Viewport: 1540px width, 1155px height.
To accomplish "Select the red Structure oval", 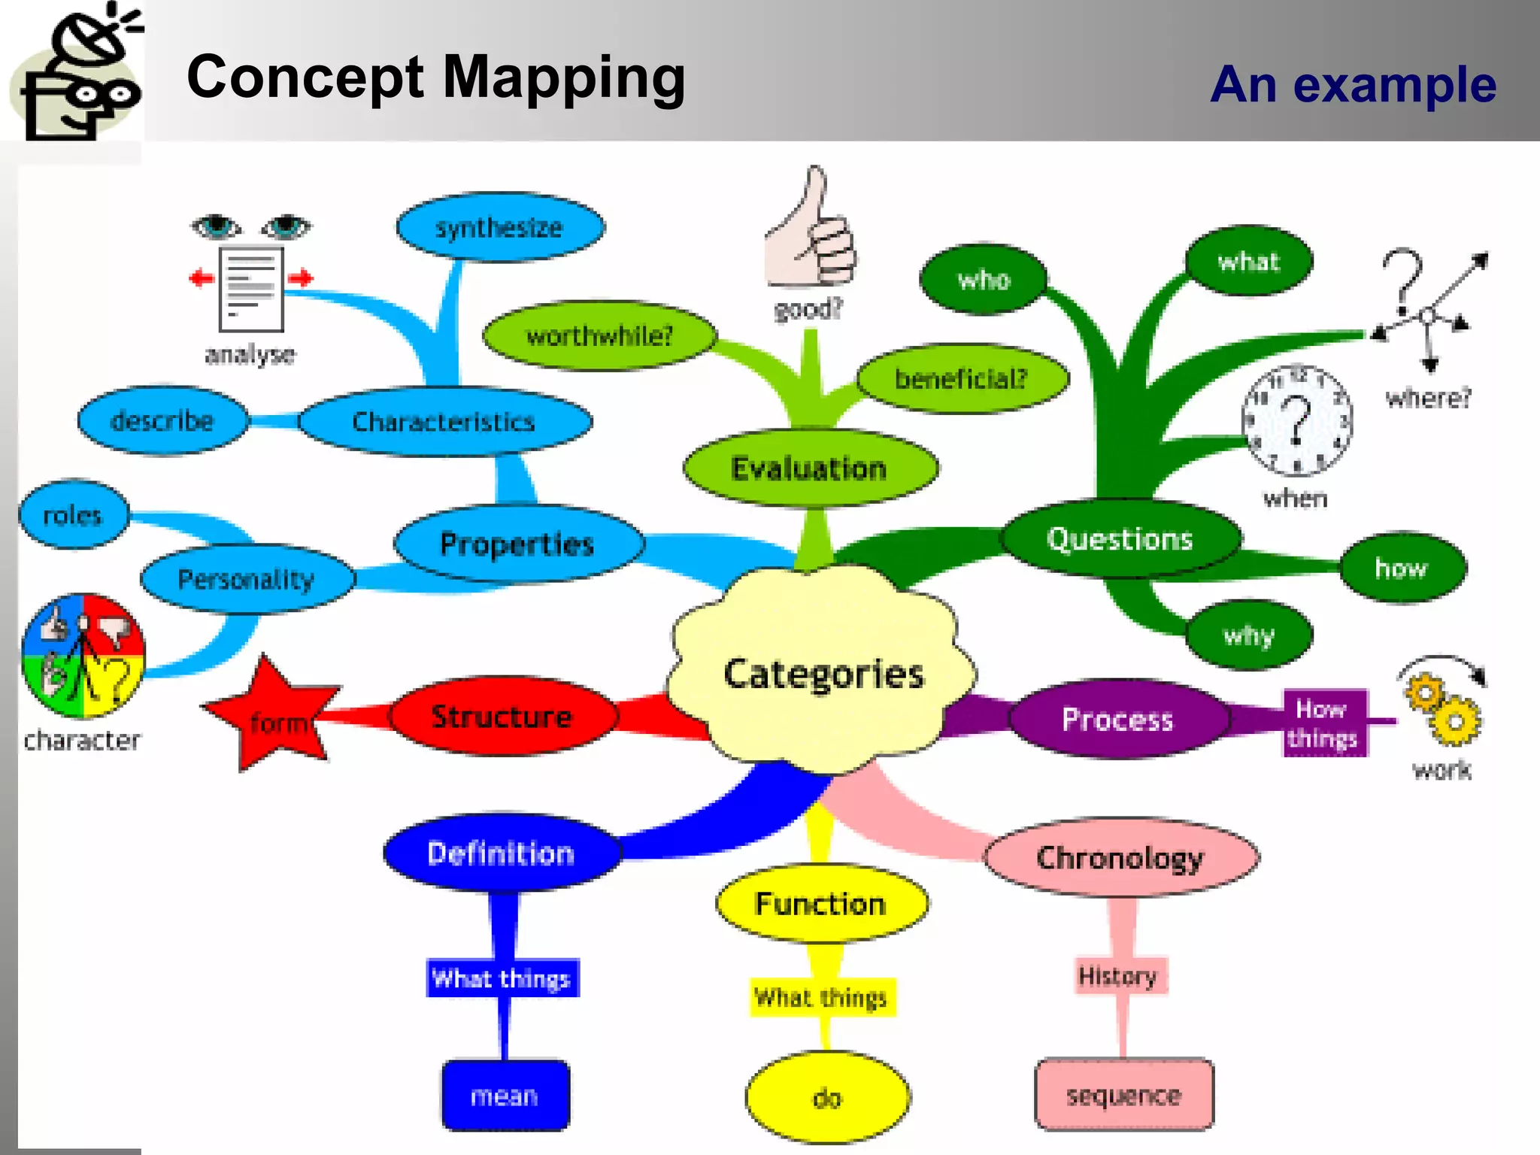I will [x=502, y=716].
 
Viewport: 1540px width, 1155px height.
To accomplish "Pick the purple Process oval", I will [x=1117, y=720].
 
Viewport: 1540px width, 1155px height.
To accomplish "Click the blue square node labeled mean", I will [x=505, y=1096].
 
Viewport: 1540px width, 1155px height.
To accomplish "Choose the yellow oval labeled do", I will [x=827, y=1098].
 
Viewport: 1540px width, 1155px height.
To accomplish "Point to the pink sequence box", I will [x=1124, y=1095].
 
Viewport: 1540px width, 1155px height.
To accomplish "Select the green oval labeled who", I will [x=984, y=280].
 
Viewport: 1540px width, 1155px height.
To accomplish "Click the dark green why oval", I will [x=1249, y=635].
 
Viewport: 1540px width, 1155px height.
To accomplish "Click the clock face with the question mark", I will [x=1296, y=421].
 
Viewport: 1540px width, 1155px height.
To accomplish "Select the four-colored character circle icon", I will [x=83, y=656].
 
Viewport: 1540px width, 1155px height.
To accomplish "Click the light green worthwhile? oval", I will [x=599, y=335].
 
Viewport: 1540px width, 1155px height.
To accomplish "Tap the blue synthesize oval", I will [x=500, y=227].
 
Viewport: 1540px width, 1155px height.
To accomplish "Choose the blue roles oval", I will [x=73, y=515].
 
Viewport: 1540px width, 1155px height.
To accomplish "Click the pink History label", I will [x=1118, y=976].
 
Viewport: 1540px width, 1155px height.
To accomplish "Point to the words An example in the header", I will [x=1354, y=84].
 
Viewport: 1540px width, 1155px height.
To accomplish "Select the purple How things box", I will [x=1323, y=723].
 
